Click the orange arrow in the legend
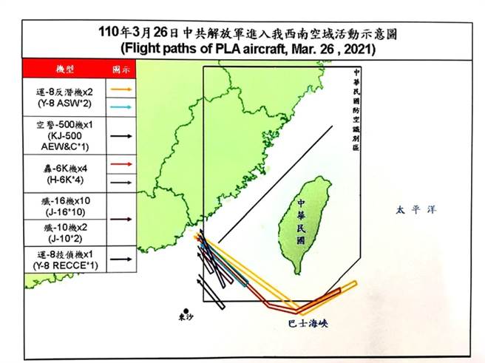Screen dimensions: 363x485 tap(123, 89)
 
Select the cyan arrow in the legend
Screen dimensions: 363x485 tap(123, 106)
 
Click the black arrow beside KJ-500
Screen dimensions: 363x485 tap(123, 136)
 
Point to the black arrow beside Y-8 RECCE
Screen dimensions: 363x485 tap(123, 259)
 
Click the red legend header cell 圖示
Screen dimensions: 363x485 tap(121, 68)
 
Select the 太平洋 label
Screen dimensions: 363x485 tap(414, 210)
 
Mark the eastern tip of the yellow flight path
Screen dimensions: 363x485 tap(356, 283)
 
